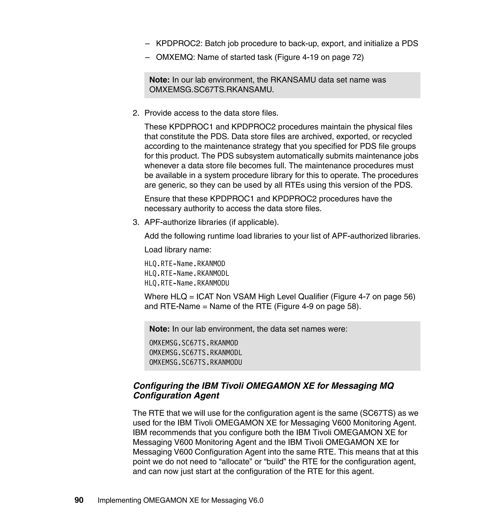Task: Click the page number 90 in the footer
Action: (79, 500)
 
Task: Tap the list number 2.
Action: (136, 113)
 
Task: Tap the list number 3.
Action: (136, 222)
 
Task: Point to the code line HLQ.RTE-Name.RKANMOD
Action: (185, 264)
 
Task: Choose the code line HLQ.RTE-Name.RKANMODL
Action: (187, 273)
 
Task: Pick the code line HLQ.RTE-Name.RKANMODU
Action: (187, 283)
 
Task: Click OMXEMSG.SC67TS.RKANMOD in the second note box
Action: (194, 343)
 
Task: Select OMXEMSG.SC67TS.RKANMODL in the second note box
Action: (196, 353)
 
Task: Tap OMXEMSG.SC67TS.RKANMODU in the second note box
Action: (196, 363)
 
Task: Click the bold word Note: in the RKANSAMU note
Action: (159, 80)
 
